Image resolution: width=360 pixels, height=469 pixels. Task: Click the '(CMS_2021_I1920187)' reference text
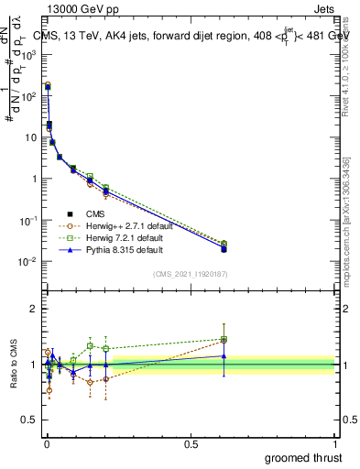coord(191,273)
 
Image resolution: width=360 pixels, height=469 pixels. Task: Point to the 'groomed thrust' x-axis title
coord(303,456)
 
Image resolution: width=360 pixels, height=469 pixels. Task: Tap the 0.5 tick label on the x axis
coord(191,443)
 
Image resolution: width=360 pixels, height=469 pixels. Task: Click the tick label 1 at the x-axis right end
coord(335,443)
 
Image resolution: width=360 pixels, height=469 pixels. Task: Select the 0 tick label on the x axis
coord(47,443)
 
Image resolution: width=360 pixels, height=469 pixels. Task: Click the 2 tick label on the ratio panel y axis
coord(34,309)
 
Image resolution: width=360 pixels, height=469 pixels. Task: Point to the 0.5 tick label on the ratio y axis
coord(30,420)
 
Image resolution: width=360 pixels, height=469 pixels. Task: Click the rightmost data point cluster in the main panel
coord(224,246)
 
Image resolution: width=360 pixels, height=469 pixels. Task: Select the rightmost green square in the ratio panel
coord(224,340)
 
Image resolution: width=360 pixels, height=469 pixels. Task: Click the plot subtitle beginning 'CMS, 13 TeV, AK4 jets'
coord(191,35)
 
